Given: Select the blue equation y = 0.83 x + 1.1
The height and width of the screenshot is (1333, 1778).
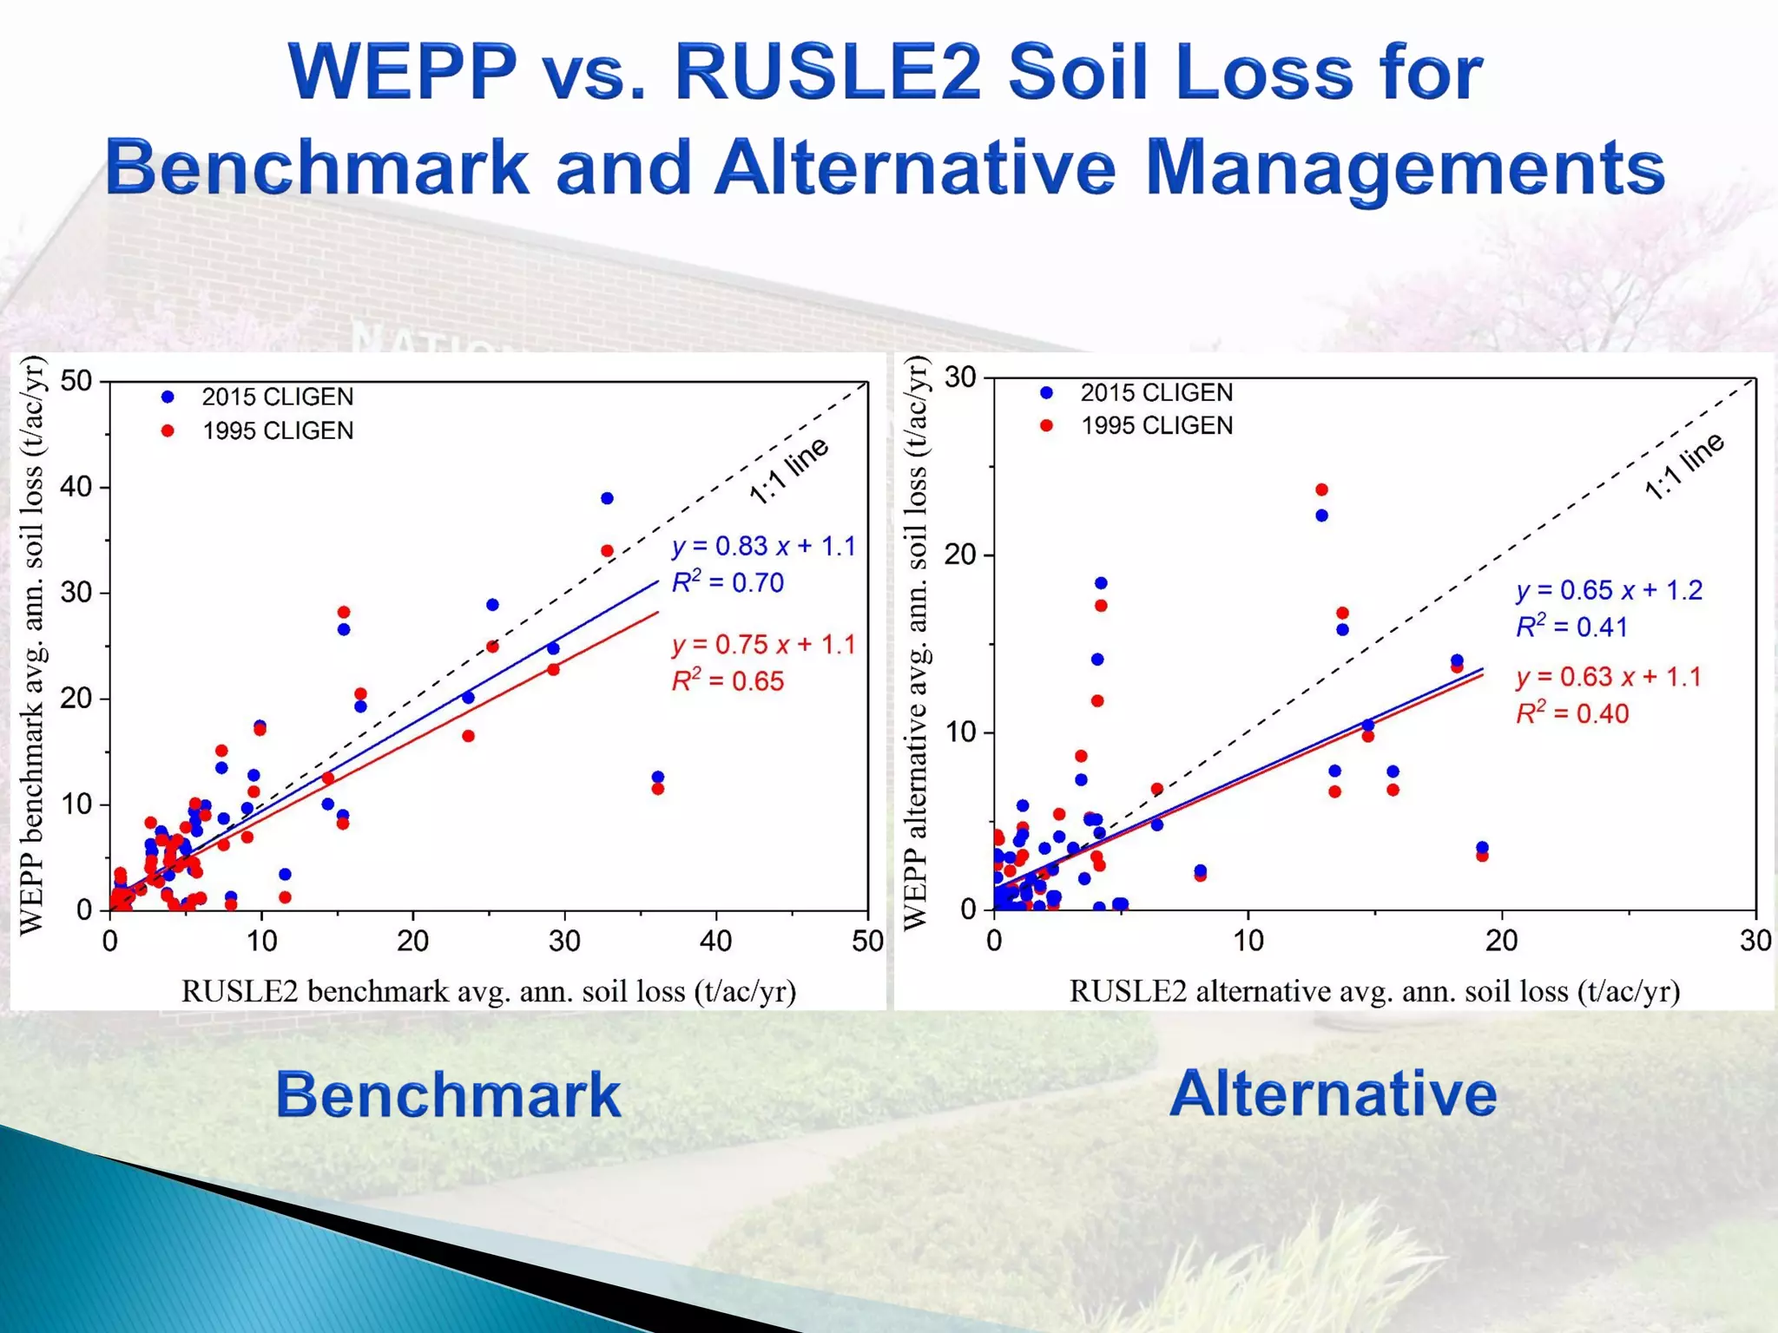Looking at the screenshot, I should click(763, 546).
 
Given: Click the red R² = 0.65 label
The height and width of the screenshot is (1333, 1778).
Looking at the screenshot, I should click(728, 681).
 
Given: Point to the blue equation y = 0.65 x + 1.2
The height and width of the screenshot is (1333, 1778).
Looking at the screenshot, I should click(1609, 590).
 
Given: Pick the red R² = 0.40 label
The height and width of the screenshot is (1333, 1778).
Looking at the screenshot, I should click(1572, 713).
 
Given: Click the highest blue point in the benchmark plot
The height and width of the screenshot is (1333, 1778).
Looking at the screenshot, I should click(607, 498).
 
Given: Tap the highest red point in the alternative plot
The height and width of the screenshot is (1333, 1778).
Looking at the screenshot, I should click(1321, 490).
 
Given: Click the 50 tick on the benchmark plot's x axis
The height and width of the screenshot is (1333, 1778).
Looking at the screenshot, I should click(867, 941).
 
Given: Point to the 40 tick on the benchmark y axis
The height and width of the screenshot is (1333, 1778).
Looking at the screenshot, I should click(76, 487).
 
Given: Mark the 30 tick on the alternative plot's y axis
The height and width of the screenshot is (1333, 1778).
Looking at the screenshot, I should click(961, 378).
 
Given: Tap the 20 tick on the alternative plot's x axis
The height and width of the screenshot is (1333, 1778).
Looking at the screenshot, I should click(1502, 941).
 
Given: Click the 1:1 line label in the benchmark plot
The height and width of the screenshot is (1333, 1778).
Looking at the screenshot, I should click(788, 471).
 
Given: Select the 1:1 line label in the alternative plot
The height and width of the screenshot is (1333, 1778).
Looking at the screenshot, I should click(1683, 466).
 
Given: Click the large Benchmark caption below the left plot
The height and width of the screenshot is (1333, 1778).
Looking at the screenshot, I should click(448, 1094).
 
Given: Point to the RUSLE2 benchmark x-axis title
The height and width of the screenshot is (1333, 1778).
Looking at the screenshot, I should click(488, 991).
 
